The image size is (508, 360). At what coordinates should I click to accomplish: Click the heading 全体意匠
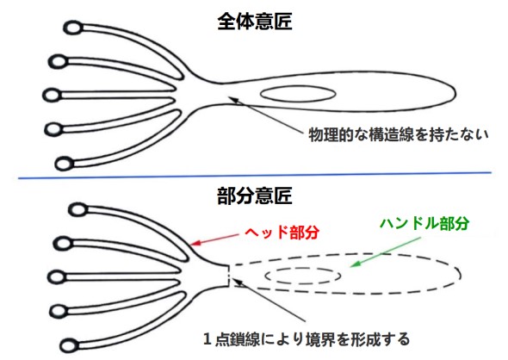click(255, 22)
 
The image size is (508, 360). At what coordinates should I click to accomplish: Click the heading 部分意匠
click(255, 196)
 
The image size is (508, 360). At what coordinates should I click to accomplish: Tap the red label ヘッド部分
click(282, 232)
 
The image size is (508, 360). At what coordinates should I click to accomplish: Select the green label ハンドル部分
click(424, 223)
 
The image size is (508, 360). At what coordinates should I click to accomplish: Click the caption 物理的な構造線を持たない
click(399, 134)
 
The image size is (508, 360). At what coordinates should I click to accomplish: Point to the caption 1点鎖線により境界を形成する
click(307, 339)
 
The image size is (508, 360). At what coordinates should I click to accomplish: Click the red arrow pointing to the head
click(214, 239)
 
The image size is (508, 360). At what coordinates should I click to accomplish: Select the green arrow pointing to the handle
click(386, 252)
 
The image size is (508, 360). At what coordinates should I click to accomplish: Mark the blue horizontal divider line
click(255, 176)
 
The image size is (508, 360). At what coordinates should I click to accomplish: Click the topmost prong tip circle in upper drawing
click(73, 28)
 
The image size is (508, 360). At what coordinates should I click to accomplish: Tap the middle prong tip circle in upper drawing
click(52, 96)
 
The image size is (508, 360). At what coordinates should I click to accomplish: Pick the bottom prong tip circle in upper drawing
click(64, 164)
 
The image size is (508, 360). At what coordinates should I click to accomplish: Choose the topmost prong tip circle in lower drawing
click(77, 209)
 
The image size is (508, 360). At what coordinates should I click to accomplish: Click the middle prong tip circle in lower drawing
click(57, 277)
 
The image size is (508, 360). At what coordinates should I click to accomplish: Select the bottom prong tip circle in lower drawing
click(69, 345)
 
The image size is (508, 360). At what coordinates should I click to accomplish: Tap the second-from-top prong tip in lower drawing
click(62, 243)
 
